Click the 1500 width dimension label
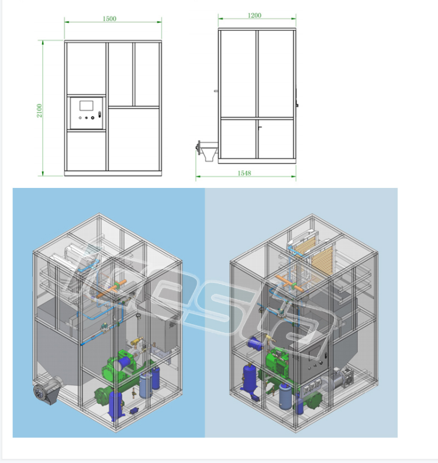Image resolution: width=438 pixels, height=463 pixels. click(109, 19)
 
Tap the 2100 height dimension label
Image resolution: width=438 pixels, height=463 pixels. click(39, 109)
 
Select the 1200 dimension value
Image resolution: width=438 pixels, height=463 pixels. click(254, 16)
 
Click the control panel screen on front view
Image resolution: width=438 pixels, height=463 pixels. click(85, 107)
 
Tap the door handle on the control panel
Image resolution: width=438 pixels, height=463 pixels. click(100, 115)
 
